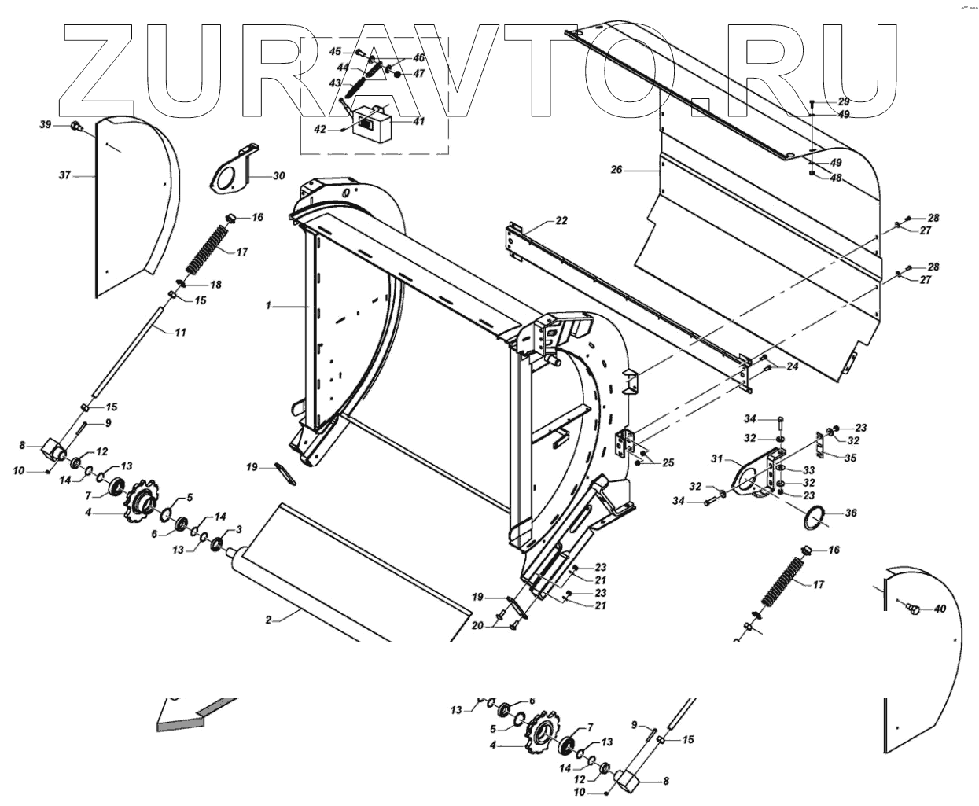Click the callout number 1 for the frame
point(268,304)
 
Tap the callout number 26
point(616,169)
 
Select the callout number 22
point(561,221)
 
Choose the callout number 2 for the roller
point(268,620)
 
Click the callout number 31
point(716,458)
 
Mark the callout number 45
point(335,51)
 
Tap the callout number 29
point(844,102)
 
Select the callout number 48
point(836,178)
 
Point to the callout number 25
point(668,463)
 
